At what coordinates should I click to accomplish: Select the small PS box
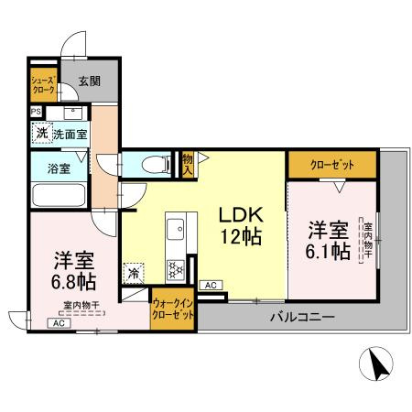[x=36, y=112]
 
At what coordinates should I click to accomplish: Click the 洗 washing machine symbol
[x=42, y=133]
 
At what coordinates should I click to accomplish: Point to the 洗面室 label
[x=70, y=135]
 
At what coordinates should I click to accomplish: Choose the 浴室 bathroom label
[x=47, y=168]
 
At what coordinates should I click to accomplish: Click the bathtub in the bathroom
[x=58, y=194]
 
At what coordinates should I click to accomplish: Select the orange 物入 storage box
[x=187, y=164]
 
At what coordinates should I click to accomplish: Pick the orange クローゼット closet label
[x=331, y=165]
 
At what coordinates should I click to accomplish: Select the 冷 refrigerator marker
[x=134, y=272]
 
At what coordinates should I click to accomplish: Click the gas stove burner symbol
[x=174, y=268]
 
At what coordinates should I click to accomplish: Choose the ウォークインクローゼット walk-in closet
[x=172, y=307]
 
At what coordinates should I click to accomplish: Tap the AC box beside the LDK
[x=210, y=286]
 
